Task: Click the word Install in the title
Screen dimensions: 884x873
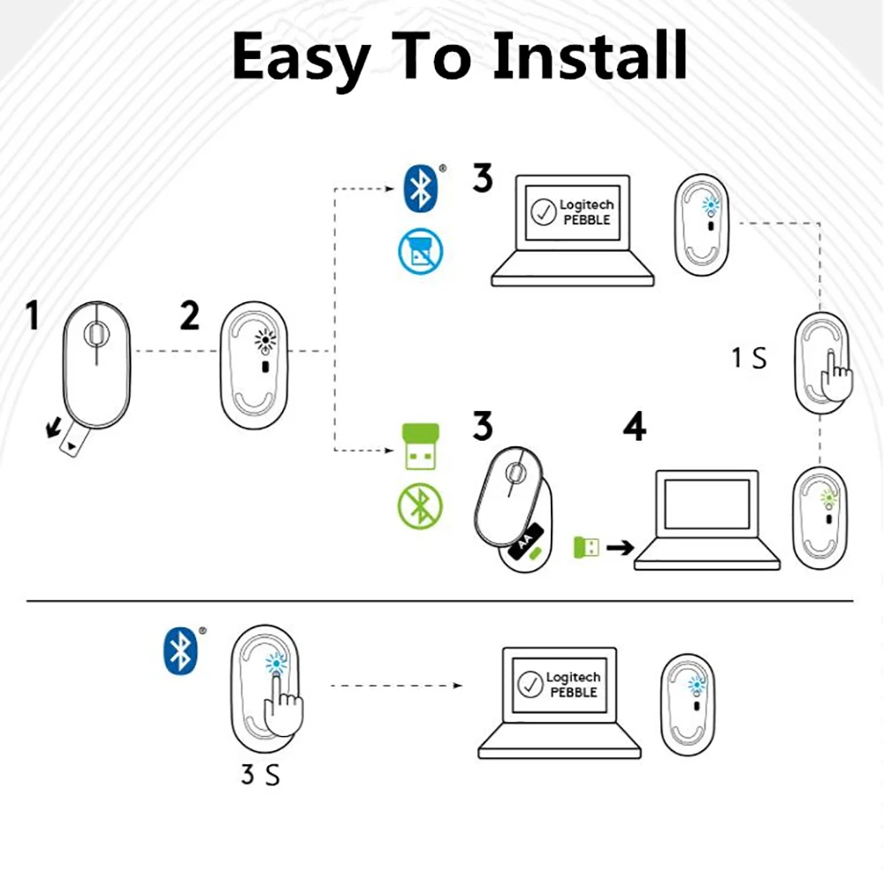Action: click(x=590, y=56)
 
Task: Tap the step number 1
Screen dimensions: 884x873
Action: click(x=33, y=315)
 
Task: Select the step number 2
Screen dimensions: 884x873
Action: click(x=190, y=315)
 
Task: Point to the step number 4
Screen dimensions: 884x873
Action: click(x=635, y=426)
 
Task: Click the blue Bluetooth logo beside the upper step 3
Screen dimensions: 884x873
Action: click(x=421, y=188)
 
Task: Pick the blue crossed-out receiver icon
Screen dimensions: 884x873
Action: click(x=421, y=251)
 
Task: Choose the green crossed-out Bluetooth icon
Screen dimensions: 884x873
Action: click(x=421, y=506)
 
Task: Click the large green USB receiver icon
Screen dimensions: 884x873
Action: click(x=421, y=446)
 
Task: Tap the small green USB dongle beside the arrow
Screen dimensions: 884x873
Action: click(x=586, y=547)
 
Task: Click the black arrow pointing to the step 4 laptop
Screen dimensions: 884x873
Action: click(x=621, y=547)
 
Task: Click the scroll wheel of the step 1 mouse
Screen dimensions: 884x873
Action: click(x=96, y=334)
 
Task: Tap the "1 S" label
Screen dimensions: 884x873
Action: click(x=750, y=358)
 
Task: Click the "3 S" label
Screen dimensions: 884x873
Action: click(x=260, y=775)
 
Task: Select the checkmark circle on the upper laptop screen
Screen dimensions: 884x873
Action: click(x=544, y=212)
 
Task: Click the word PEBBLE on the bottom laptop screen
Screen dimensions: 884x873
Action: click(x=574, y=692)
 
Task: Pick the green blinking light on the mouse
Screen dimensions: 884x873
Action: click(x=828, y=498)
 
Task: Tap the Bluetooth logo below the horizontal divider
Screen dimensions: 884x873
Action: click(x=180, y=650)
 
